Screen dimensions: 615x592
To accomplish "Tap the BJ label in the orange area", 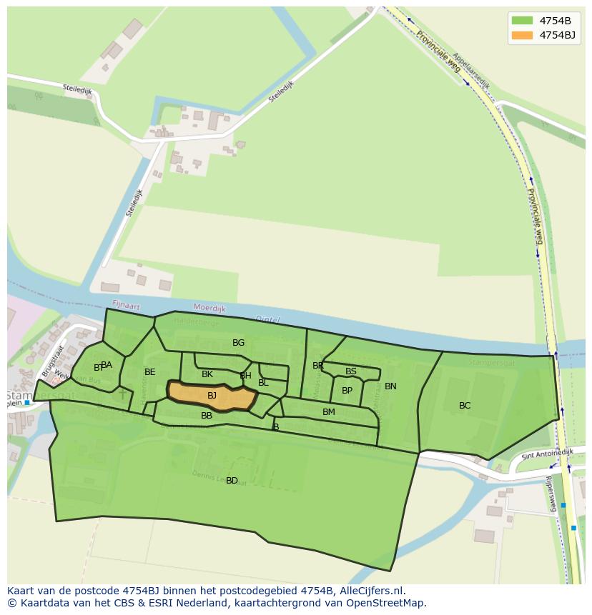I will [x=212, y=396].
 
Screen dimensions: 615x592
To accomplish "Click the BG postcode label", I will [x=239, y=343].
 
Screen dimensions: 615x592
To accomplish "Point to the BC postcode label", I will [x=465, y=406].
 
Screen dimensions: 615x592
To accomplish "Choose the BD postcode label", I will [x=232, y=481].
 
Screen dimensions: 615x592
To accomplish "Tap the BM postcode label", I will [x=329, y=412].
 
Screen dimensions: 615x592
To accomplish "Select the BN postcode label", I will [x=390, y=386].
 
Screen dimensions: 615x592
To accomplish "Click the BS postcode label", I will [x=351, y=371].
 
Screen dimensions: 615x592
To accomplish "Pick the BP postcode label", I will [x=347, y=391].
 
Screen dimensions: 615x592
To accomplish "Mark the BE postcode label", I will [x=150, y=372].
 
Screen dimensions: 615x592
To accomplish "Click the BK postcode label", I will [x=207, y=374].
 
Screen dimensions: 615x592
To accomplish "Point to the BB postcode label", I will [x=207, y=416].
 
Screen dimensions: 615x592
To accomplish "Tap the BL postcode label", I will [x=263, y=383].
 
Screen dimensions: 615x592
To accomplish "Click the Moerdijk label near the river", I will [x=209, y=309].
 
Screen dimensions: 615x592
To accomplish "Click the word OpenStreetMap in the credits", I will [x=386, y=603].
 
